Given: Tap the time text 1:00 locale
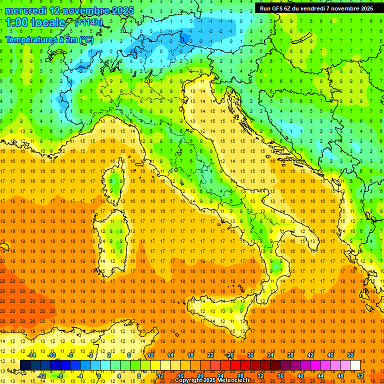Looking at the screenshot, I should (x=35, y=22).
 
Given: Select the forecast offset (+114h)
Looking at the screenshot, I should (x=88, y=22).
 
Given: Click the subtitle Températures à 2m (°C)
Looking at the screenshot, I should (x=48, y=39).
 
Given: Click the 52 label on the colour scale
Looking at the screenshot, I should (x=360, y=375).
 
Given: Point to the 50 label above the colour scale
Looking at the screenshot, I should (x=350, y=355).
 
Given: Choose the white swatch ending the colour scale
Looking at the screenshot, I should (x=355, y=365).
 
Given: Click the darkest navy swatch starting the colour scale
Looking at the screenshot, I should (x=25, y=365).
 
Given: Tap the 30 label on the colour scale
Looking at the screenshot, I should (x=250, y=355).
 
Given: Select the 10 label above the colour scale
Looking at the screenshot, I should (x=150, y=355).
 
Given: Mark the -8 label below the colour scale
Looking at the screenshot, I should (x=60, y=375).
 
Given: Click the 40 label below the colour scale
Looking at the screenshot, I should (x=300, y=375).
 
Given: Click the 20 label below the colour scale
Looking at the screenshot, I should (x=200, y=375).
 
